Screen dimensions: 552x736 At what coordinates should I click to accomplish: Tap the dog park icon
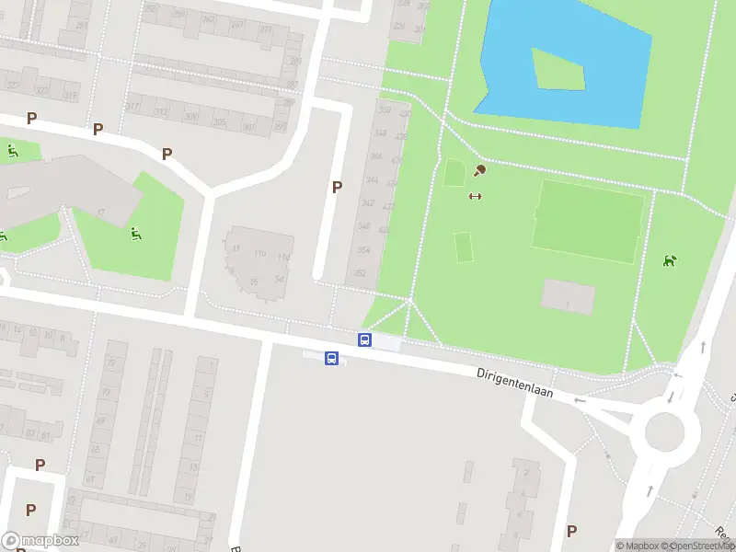[x=670, y=260]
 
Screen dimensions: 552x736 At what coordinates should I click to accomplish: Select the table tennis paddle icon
[x=478, y=170]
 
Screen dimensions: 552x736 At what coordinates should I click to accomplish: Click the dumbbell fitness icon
[x=475, y=195]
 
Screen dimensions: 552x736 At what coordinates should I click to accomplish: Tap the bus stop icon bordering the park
[x=364, y=340]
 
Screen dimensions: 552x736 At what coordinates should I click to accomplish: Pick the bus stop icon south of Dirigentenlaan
[x=331, y=358]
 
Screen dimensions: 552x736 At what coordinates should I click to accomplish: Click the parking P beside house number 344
[x=337, y=187]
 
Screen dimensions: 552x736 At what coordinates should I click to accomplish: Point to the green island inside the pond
[x=557, y=68]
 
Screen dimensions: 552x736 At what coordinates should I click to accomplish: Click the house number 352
[x=361, y=273]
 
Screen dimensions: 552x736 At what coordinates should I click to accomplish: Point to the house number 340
[x=363, y=226]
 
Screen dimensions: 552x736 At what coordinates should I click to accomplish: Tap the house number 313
[x=161, y=112]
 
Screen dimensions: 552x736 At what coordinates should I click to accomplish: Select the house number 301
[x=248, y=127]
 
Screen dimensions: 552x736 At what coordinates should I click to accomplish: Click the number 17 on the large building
[x=101, y=213]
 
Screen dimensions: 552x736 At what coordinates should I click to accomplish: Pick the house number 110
[x=259, y=253]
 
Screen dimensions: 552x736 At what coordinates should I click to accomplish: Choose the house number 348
[x=379, y=133]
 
